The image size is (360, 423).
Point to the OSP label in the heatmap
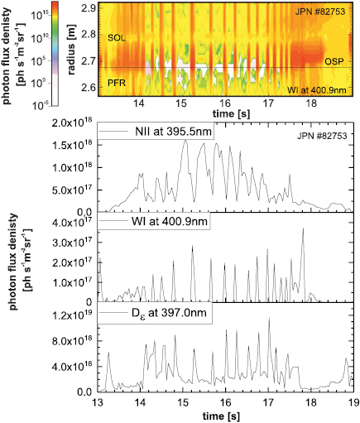click(x=334, y=60)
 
